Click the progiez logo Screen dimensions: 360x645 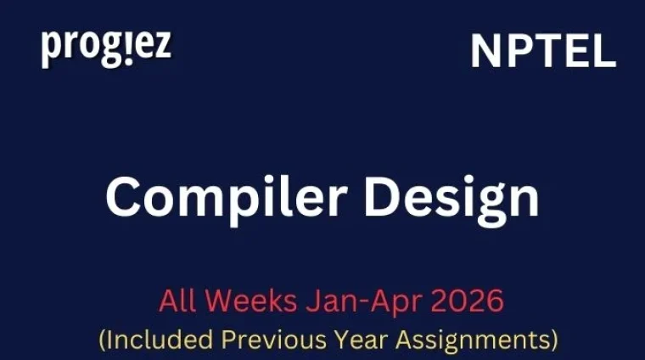pos(106,48)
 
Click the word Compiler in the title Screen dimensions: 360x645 pos(213,197)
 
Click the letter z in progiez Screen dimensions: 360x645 pos(162,48)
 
